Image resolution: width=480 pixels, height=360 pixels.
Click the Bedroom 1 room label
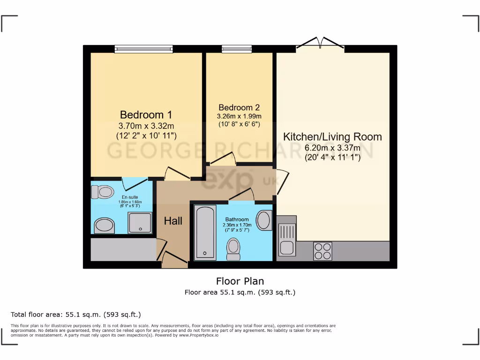(146, 115)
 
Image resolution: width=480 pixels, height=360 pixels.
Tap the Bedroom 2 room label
(239, 107)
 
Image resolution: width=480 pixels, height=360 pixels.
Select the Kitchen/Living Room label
(332, 137)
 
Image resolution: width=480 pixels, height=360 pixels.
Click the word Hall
(173, 221)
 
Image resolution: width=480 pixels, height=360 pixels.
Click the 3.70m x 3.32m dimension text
(146, 126)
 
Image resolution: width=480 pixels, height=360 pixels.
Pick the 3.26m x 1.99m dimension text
(239, 116)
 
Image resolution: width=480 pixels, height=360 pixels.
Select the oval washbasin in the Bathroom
(264, 220)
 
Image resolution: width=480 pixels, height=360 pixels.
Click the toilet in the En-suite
(102, 192)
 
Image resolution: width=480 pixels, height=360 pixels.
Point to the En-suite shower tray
(140, 223)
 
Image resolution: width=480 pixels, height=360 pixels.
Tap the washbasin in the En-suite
(105, 226)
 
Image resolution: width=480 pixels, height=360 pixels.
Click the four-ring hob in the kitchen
(322, 251)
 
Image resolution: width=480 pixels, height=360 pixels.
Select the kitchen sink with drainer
(286, 238)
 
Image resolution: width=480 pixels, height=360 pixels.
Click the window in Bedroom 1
(144, 48)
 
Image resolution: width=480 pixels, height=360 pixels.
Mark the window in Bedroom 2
(237, 48)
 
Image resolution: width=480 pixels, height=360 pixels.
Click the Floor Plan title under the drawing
(240, 281)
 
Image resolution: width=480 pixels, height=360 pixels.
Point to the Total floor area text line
(75, 315)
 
